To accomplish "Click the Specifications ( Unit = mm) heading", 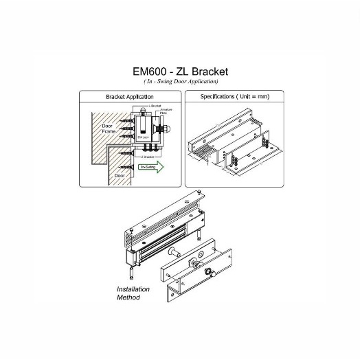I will (235, 97).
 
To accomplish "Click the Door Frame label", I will (110, 129).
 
